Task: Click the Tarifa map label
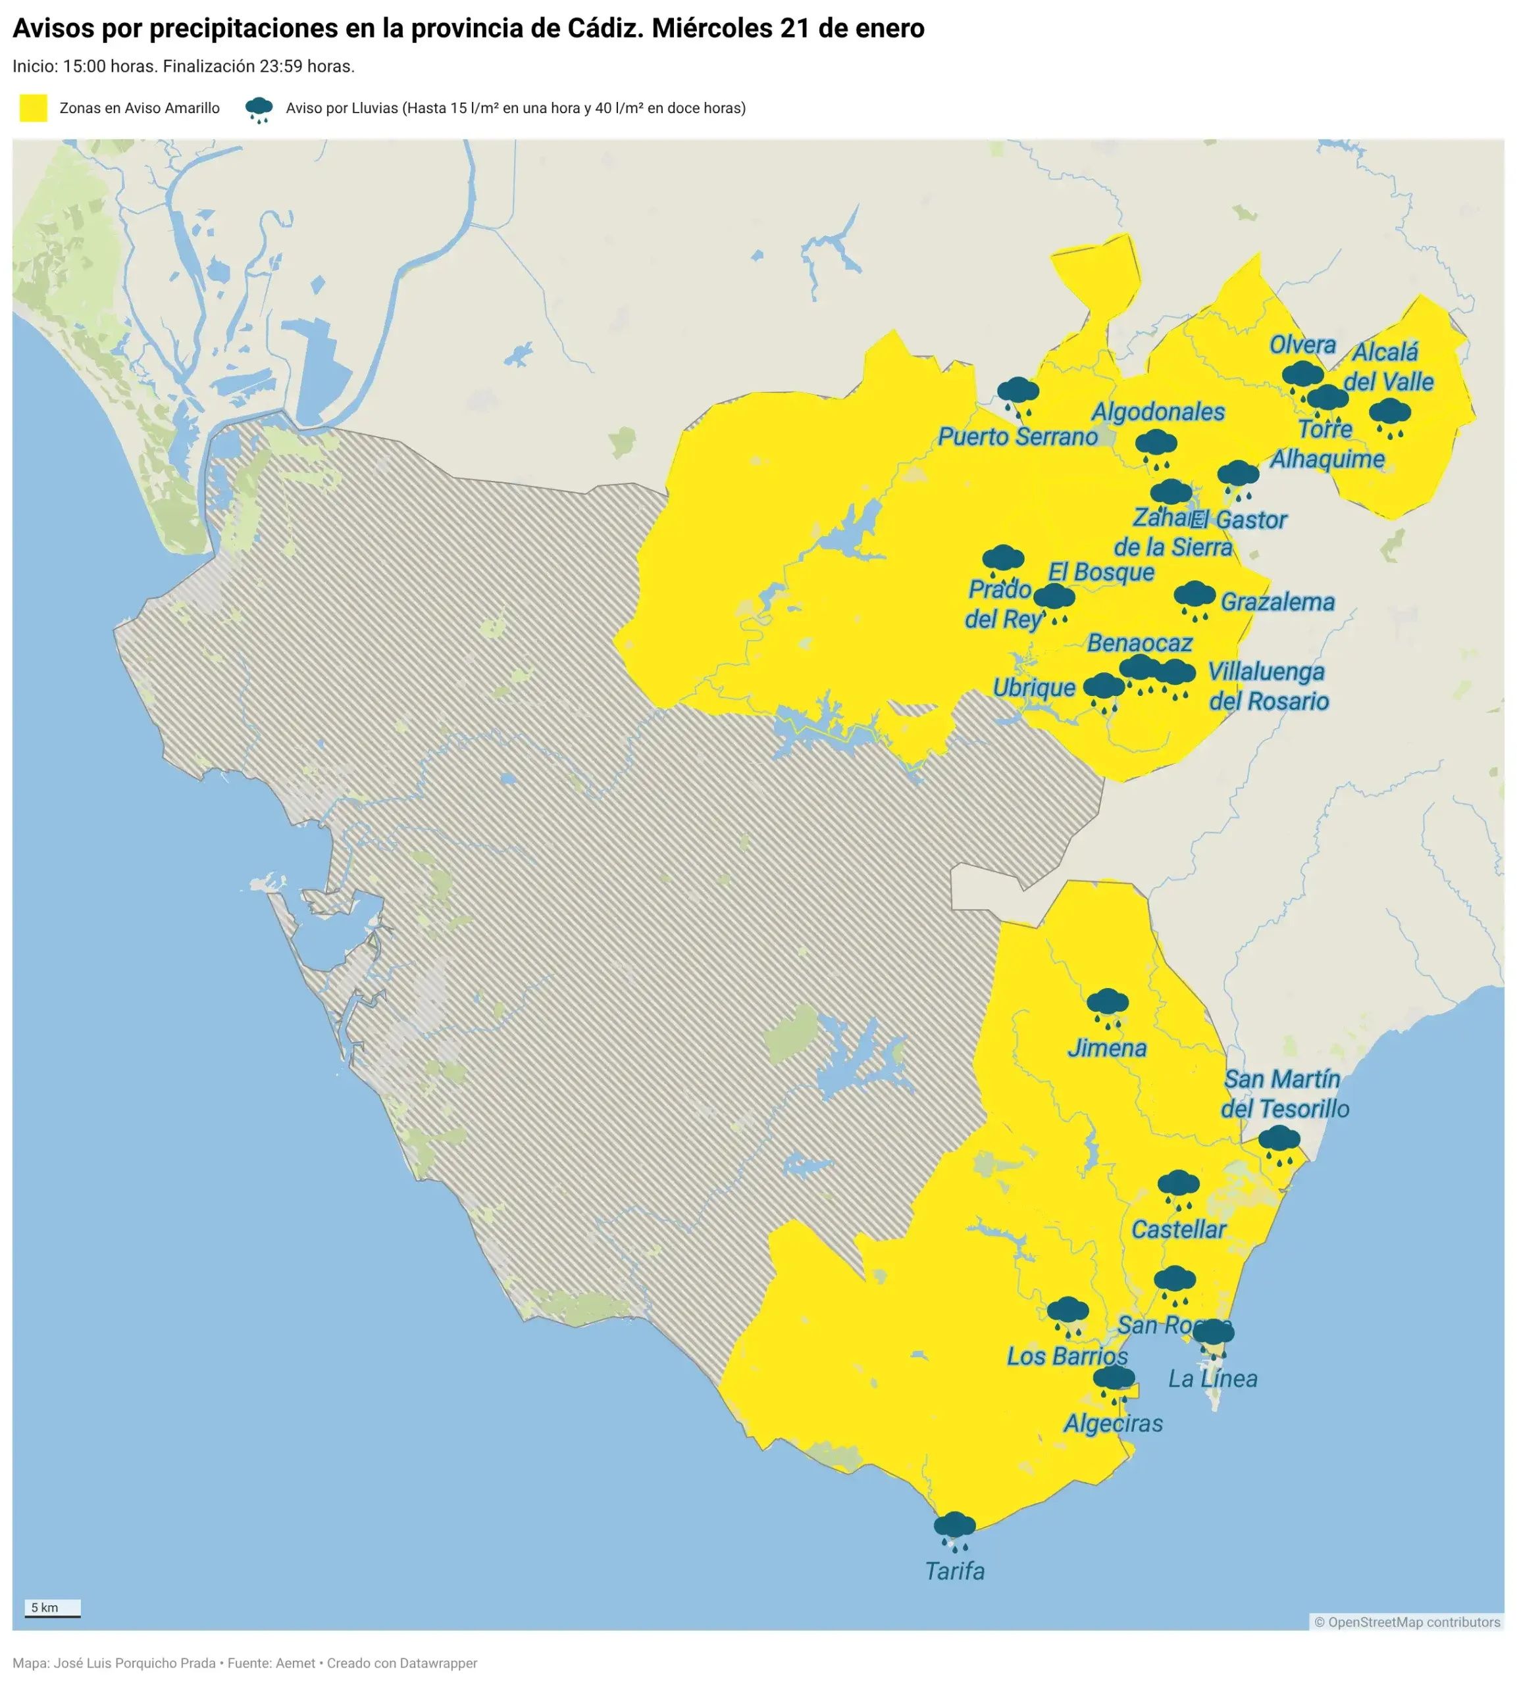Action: coord(954,1571)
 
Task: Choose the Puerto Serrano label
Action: coord(1017,437)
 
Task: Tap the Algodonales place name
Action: coord(1158,412)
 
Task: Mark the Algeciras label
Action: coord(1113,1424)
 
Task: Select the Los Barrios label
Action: coord(1067,1356)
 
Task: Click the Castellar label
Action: coord(1178,1229)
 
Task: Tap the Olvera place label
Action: coord(1302,345)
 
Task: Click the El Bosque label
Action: coord(1100,572)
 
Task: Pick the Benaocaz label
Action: coord(1139,643)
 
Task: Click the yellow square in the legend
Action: coord(34,109)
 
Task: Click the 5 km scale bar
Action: coord(52,1608)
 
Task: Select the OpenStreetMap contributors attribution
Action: coord(1406,1622)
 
